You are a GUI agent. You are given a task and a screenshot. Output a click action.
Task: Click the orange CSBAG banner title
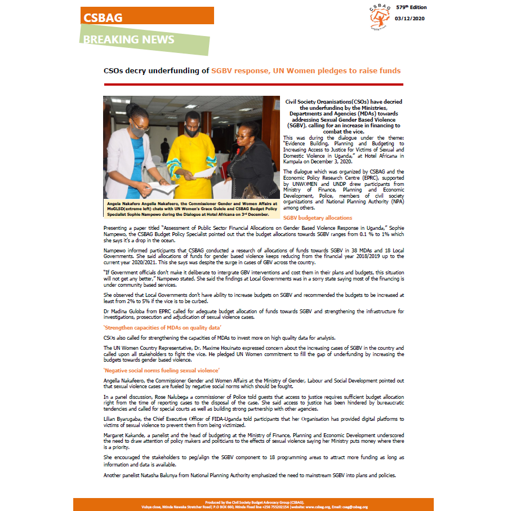[x=103, y=17]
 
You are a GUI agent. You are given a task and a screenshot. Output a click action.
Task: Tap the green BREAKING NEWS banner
[x=129, y=39]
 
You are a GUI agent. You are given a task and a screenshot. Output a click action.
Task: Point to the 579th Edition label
[x=411, y=7]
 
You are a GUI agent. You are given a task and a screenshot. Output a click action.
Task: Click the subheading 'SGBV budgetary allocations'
[x=318, y=217]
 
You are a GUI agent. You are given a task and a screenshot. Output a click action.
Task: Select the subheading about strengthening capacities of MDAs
[x=163, y=328]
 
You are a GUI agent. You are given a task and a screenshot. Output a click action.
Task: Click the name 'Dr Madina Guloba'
[x=123, y=311]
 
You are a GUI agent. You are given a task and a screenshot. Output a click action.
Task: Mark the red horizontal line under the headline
[x=253, y=83]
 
